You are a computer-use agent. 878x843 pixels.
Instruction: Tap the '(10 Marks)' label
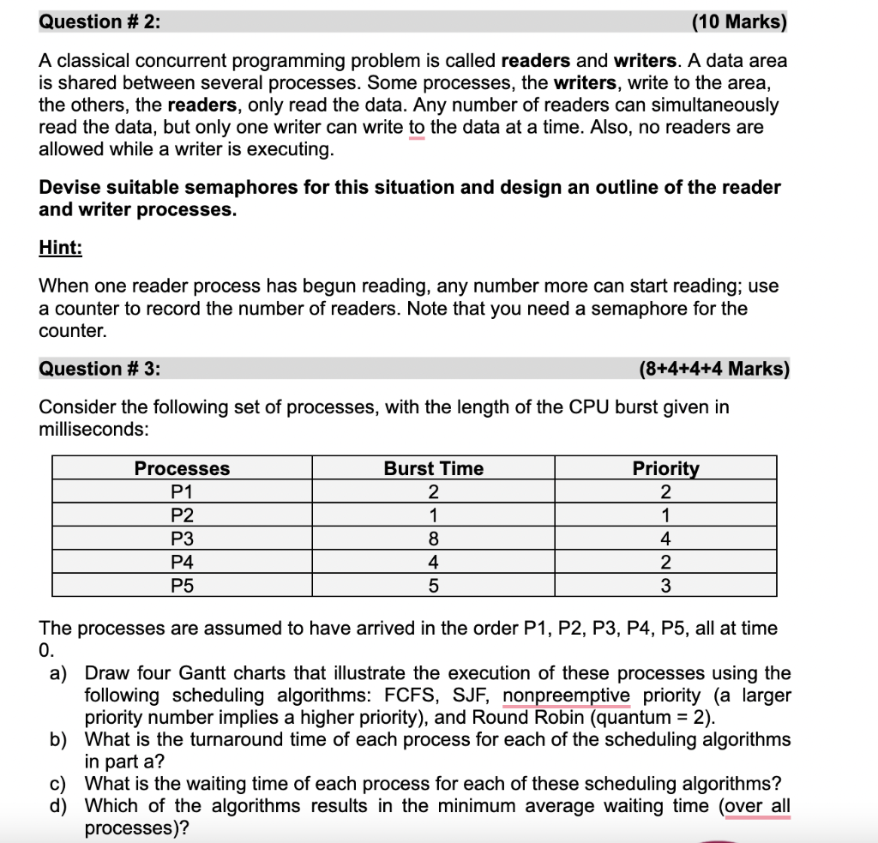[x=738, y=22]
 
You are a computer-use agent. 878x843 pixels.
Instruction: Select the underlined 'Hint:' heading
[x=60, y=248]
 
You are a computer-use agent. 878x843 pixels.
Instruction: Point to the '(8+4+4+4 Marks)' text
[x=714, y=369]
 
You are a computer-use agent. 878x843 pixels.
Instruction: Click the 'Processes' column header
[x=182, y=468]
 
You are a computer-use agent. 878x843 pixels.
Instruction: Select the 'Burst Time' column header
[x=433, y=468]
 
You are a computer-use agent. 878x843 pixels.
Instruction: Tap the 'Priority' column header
[x=665, y=468]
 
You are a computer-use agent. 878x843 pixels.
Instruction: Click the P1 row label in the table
[x=182, y=492]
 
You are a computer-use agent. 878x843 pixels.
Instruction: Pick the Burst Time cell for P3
[x=433, y=539]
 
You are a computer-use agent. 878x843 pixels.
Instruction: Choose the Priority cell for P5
[x=665, y=587]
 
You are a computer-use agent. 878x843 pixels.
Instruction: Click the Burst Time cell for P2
[x=433, y=515]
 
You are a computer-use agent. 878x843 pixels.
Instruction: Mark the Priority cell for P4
[x=665, y=563]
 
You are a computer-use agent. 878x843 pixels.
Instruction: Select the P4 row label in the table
[x=182, y=563]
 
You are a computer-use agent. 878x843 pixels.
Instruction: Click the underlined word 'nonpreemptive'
[x=566, y=695]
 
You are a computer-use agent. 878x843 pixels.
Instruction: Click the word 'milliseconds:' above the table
[x=89, y=429]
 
